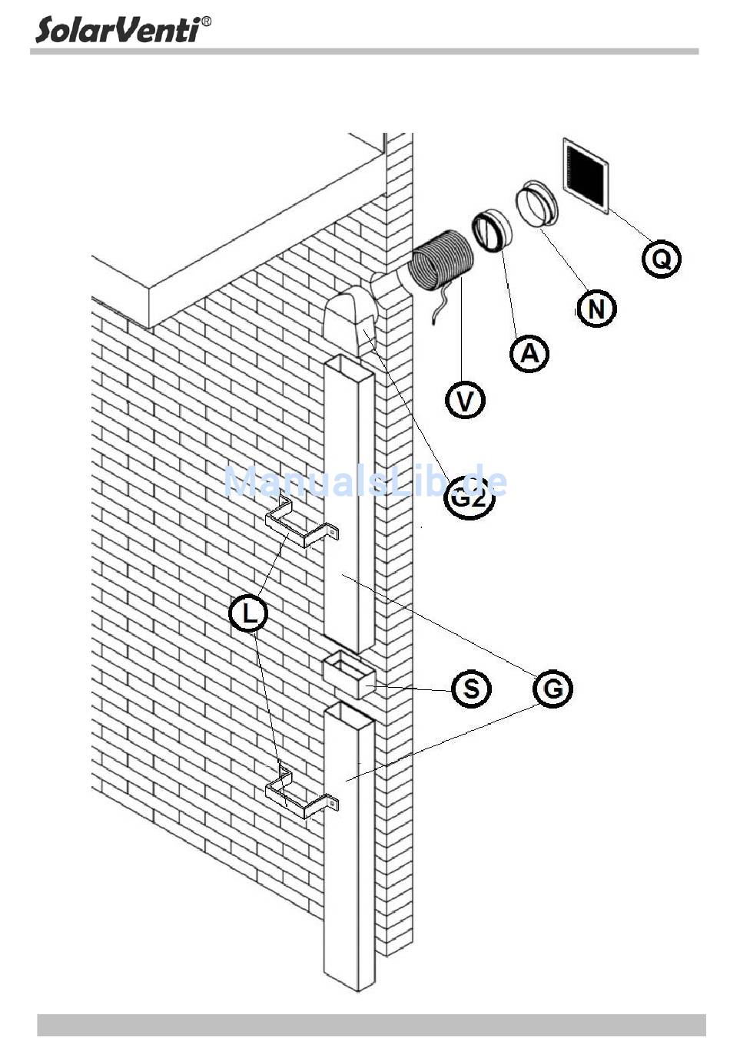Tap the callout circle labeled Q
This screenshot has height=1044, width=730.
pos(661,259)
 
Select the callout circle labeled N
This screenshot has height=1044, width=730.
pos(596,309)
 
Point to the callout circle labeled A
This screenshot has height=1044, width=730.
pos(529,353)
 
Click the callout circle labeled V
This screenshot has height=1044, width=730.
pos(466,399)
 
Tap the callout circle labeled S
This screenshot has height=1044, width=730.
pos(471,689)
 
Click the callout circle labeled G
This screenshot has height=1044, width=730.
pos(552,689)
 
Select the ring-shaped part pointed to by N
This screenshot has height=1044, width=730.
pos(538,204)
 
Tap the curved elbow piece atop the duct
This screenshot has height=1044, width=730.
pos(350,322)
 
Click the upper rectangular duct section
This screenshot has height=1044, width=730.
pos(349,499)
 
